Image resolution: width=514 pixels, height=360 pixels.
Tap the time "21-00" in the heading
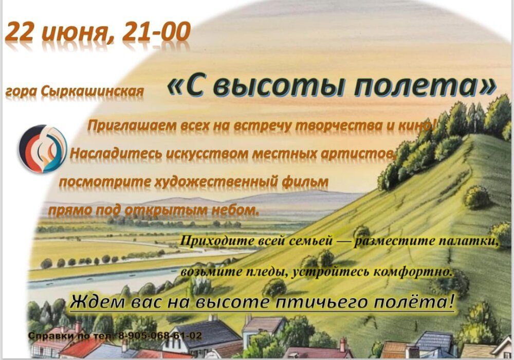click(x=158, y=31)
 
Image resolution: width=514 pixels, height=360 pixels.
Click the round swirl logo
click(x=43, y=149)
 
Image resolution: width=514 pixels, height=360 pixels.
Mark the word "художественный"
click(x=217, y=182)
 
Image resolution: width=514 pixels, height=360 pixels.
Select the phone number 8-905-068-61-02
click(x=160, y=335)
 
